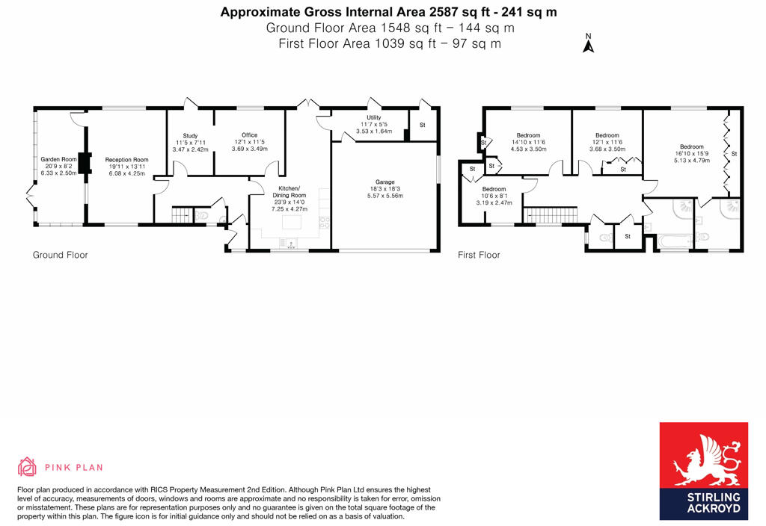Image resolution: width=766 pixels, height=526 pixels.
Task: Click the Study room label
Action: click(190, 135)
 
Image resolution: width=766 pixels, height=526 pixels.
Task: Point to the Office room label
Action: click(249, 135)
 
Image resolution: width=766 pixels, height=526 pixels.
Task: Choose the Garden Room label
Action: click(59, 159)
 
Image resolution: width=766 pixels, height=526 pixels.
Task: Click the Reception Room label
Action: click(126, 160)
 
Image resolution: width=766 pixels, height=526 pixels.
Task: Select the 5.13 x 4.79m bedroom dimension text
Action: click(691, 161)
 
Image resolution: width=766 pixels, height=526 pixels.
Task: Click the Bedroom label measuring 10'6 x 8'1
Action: click(494, 190)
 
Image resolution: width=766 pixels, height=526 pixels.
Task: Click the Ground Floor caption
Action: click(60, 255)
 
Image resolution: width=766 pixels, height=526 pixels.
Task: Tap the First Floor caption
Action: click(479, 255)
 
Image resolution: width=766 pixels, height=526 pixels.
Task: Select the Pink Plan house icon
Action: click(28, 467)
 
